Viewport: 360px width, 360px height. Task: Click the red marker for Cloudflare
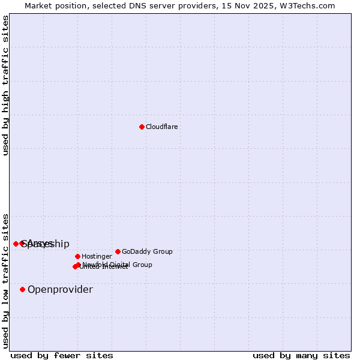[x=142, y=127]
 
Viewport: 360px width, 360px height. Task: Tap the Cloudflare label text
[x=161, y=127]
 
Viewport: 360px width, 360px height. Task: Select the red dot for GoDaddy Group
[x=118, y=251]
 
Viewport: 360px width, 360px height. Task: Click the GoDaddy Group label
[x=147, y=252]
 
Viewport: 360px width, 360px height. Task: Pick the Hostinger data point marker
[x=77, y=256]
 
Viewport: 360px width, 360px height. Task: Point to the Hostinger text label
[x=97, y=257]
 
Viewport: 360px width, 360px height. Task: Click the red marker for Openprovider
[x=22, y=289]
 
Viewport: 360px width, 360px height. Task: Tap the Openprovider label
[x=60, y=290]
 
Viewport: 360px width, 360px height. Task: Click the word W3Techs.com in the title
[x=310, y=5]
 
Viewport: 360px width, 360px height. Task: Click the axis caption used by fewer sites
[x=62, y=356]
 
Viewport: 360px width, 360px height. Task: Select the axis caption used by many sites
[x=301, y=356]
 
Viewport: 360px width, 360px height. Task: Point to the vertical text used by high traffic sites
[x=5, y=86]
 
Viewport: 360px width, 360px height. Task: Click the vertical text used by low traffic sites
[x=5, y=281]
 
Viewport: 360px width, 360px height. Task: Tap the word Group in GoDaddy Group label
[x=162, y=252]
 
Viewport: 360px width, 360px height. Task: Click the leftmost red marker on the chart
[x=16, y=244]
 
